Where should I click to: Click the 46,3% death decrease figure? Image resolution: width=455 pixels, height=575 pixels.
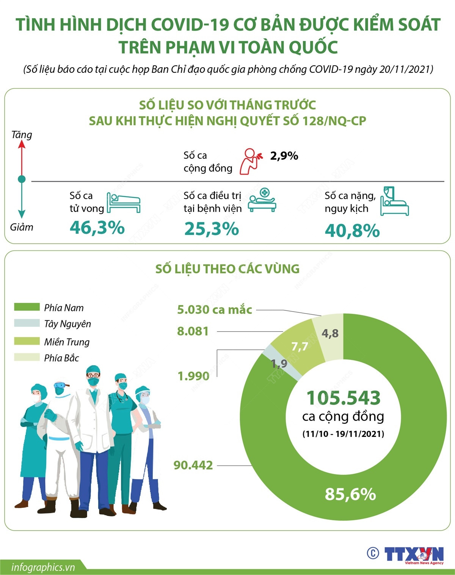[x=97, y=228]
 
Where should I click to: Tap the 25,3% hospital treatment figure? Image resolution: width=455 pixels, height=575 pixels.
[x=212, y=229]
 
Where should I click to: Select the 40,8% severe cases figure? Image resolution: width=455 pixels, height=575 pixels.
[x=352, y=231]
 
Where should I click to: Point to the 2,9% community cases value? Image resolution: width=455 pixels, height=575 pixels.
[x=284, y=156]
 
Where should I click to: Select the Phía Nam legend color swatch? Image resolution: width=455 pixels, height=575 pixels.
[x=27, y=307]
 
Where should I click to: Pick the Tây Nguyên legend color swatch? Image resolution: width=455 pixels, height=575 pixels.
[x=27, y=323]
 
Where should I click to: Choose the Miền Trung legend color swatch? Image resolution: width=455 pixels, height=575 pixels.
[x=27, y=341]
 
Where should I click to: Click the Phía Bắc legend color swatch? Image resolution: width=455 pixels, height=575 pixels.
[x=27, y=357]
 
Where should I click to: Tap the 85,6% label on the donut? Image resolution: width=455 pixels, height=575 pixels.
[x=350, y=494]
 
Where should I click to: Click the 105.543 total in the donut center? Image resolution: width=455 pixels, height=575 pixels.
[x=343, y=398]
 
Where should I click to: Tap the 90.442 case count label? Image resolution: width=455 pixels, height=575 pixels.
[x=193, y=465]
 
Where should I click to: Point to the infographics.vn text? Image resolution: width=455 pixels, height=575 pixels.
[x=43, y=567]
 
